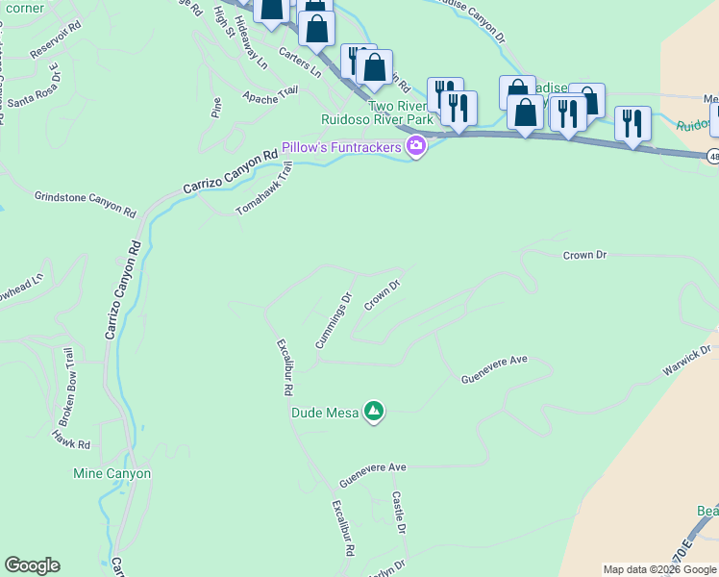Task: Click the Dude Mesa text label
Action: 324,414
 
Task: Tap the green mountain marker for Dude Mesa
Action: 374,413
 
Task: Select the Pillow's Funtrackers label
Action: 341,148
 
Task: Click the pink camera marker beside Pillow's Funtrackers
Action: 416,147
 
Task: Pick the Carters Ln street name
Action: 300,63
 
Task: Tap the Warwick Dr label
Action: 686,362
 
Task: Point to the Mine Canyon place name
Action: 112,474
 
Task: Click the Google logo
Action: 32,565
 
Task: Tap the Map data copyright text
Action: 659,569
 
